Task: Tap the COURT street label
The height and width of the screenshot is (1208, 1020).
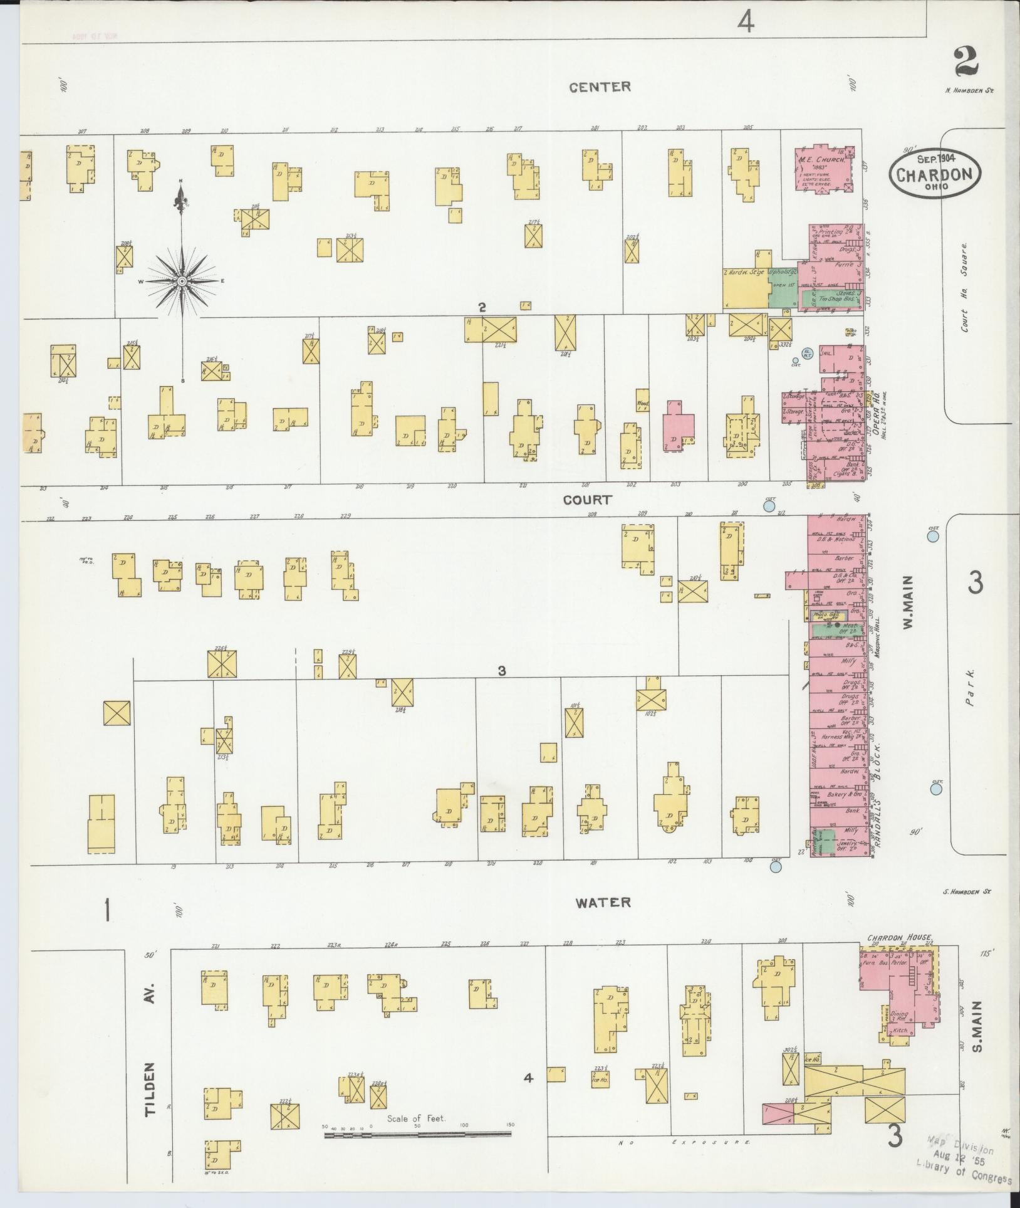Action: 586,500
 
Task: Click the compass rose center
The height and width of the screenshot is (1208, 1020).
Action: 182,281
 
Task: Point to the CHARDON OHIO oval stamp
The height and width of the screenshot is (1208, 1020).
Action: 934,173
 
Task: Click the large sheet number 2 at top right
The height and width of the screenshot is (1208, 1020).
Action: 969,64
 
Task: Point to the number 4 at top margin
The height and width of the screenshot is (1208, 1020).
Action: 745,23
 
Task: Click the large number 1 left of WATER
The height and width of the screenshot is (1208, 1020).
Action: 108,910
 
